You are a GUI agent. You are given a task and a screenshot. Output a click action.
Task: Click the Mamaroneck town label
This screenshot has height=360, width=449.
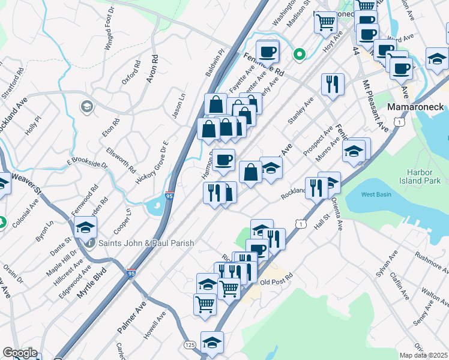pyautogui.click(x=416, y=107)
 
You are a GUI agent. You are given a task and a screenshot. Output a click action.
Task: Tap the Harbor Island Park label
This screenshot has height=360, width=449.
pyautogui.click(x=424, y=175)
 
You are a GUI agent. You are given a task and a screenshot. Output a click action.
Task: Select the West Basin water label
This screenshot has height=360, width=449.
pyautogui.click(x=377, y=194)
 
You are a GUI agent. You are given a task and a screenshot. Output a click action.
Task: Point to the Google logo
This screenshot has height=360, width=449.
pyautogui.click(x=20, y=353)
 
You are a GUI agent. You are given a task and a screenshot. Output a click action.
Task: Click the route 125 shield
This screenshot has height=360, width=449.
pyautogui.click(x=190, y=344)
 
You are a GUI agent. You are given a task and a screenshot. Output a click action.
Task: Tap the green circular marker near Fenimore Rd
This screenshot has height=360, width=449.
pyautogui.click(x=299, y=55)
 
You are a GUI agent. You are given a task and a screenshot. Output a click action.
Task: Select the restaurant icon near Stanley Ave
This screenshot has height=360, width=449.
pyautogui.click(x=332, y=84)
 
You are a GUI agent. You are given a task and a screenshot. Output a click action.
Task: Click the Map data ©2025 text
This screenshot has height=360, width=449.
pyautogui.click(x=424, y=355)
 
